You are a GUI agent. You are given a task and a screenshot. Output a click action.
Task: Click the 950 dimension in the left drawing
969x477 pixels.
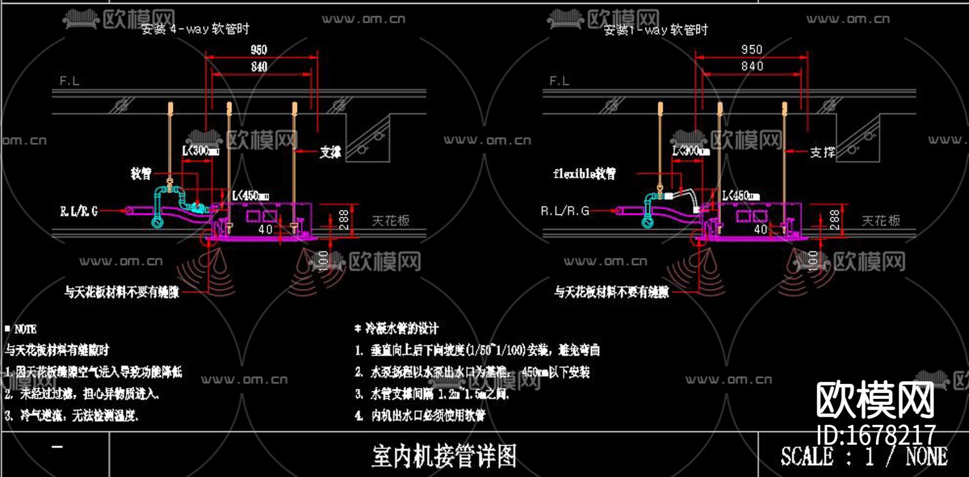(x=259, y=50)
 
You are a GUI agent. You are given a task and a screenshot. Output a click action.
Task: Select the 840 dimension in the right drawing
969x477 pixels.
(x=752, y=66)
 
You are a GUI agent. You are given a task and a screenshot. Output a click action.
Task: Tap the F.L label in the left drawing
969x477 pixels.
(x=69, y=81)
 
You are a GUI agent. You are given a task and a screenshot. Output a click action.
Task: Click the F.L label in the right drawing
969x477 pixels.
(x=559, y=81)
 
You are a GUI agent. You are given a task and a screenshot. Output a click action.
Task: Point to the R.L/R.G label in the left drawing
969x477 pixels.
(x=79, y=212)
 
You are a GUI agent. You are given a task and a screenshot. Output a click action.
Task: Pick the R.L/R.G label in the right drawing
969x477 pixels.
(x=565, y=211)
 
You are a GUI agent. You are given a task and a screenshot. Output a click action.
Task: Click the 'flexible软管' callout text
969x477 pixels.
(x=585, y=173)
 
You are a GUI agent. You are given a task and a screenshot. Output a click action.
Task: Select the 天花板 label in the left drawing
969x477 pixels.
(x=391, y=220)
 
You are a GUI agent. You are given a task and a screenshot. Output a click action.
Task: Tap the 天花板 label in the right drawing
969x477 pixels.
(x=881, y=220)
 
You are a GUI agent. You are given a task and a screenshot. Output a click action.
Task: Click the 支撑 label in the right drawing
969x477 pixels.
(x=823, y=152)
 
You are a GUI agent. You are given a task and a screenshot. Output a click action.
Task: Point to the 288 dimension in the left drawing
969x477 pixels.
(x=343, y=220)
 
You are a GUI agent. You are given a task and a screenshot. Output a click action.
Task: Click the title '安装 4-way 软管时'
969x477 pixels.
(x=195, y=29)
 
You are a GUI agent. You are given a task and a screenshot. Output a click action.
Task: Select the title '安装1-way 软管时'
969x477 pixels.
(x=656, y=30)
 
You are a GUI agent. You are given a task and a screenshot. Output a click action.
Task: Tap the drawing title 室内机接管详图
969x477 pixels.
(x=444, y=456)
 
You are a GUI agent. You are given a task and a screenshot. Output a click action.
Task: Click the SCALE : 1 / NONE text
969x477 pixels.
(x=864, y=457)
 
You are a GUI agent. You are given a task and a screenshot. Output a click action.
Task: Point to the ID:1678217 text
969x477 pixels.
(x=876, y=434)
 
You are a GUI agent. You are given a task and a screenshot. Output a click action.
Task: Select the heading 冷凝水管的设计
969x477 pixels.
(x=402, y=328)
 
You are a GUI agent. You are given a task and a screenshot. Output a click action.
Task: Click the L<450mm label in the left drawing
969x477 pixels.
(x=251, y=195)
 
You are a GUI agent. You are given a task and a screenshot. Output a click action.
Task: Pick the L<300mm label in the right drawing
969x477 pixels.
(x=691, y=151)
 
